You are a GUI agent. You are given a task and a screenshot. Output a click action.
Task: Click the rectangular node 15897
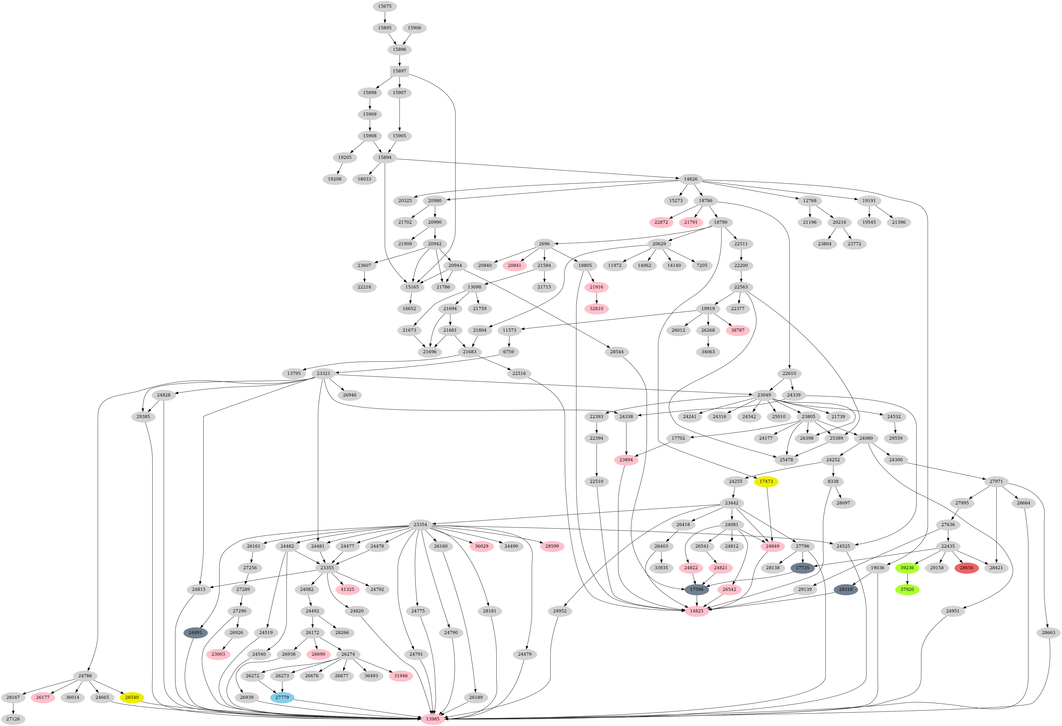pyautogui.click(x=399, y=71)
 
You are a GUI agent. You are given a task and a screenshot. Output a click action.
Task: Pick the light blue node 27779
pyautogui.click(x=282, y=698)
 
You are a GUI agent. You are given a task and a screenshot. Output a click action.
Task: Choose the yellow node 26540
pyautogui.click(x=132, y=698)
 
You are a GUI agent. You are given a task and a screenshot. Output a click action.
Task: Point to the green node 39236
pyautogui.click(x=907, y=568)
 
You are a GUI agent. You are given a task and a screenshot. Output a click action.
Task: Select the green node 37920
pyautogui.click(x=907, y=589)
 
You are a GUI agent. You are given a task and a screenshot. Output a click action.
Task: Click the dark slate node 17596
pyautogui.click(x=696, y=589)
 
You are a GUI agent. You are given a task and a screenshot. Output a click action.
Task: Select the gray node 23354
pyautogui.click(x=420, y=524)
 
